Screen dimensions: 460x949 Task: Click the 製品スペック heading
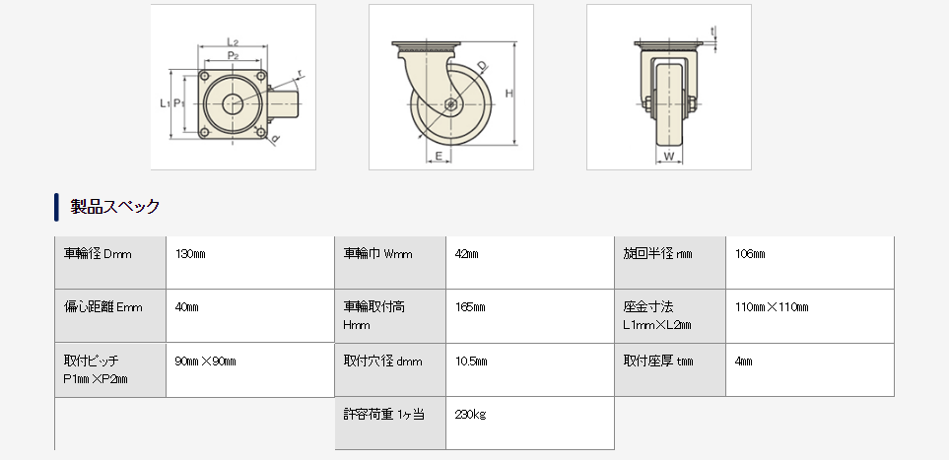(x=115, y=207)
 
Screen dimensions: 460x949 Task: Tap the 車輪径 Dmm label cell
(x=98, y=254)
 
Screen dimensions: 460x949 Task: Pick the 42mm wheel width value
(x=467, y=254)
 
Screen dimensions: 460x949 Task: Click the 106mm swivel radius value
(x=750, y=254)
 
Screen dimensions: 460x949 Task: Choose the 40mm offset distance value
(x=186, y=307)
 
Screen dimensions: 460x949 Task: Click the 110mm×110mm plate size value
(x=772, y=307)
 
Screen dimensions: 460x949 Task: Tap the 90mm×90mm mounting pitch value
(x=205, y=361)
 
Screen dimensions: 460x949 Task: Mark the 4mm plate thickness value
(x=744, y=361)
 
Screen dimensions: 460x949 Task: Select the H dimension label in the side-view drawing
(x=509, y=94)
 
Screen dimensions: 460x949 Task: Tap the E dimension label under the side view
(x=437, y=156)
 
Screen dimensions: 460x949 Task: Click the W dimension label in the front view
(x=668, y=156)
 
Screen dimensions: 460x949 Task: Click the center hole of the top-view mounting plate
(x=234, y=102)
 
